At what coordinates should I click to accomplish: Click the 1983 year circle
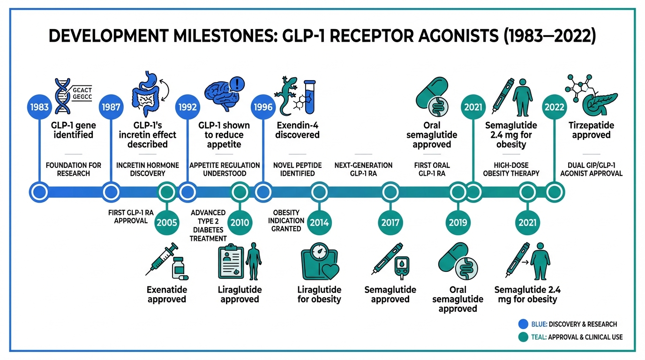pyautogui.click(x=39, y=107)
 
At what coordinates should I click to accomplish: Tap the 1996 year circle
pyautogui.click(x=263, y=107)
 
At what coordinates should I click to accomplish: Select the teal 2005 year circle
pyautogui.click(x=166, y=222)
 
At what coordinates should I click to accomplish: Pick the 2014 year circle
pyautogui.click(x=319, y=222)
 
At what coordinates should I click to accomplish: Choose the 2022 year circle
pyautogui.click(x=555, y=107)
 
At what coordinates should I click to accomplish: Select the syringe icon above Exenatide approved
pyautogui.click(x=161, y=258)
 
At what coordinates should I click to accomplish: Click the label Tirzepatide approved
pyautogui.click(x=591, y=130)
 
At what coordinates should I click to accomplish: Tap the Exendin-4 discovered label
pyautogui.click(x=297, y=130)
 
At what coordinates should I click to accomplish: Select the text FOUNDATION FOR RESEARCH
pyautogui.click(x=74, y=169)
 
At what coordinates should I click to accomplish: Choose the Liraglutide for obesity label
pyautogui.click(x=319, y=294)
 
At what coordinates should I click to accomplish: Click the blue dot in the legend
pyautogui.click(x=523, y=324)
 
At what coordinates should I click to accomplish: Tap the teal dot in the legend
pyautogui.click(x=523, y=337)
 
